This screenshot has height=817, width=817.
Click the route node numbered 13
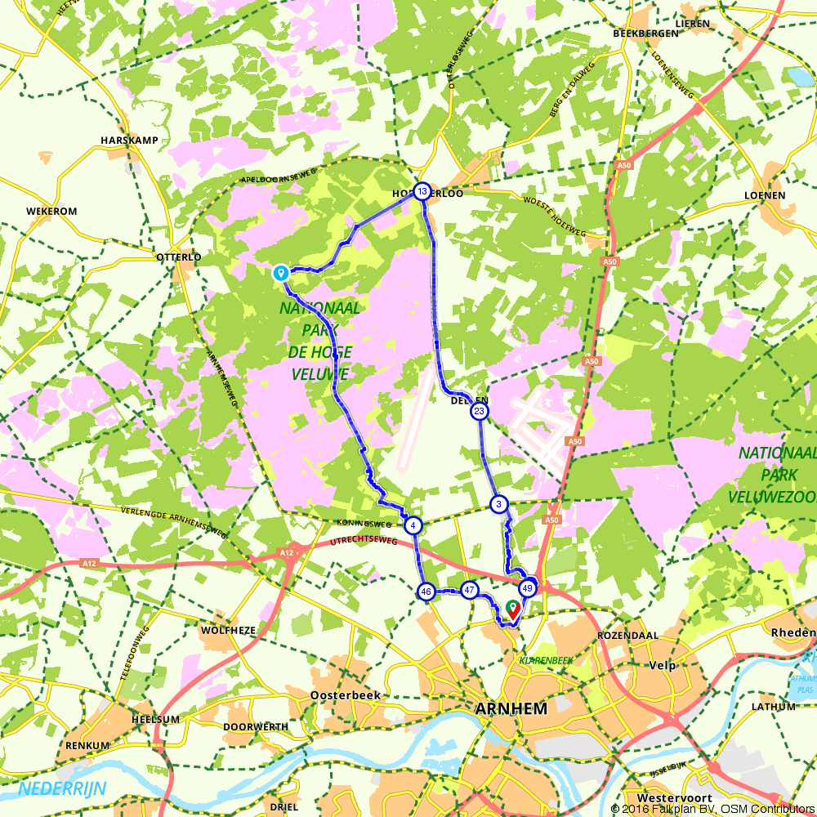(x=422, y=192)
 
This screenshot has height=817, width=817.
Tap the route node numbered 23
(x=480, y=411)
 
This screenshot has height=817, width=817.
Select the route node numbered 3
(x=498, y=505)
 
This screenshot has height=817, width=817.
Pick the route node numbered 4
(x=414, y=525)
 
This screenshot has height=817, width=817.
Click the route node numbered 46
(x=426, y=591)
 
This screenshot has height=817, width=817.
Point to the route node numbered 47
(x=470, y=590)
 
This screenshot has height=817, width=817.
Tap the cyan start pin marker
(x=280, y=272)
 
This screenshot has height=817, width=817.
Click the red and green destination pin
(x=513, y=608)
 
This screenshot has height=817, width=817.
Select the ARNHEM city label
(x=511, y=709)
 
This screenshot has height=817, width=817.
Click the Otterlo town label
(x=178, y=257)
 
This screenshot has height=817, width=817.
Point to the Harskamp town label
(x=129, y=141)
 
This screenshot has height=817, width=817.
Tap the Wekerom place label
(x=51, y=212)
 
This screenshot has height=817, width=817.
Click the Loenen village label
(x=765, y=195)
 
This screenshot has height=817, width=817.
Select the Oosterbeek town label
(x=342, y=694)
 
